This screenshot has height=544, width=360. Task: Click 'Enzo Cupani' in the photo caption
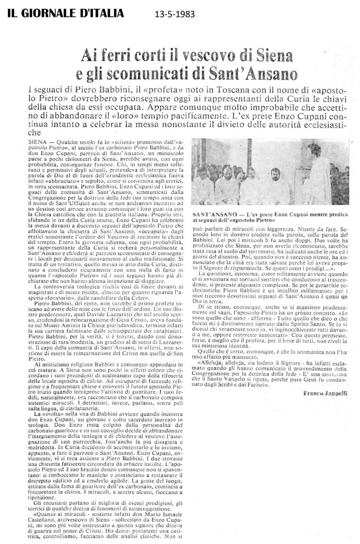[289, 211]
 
